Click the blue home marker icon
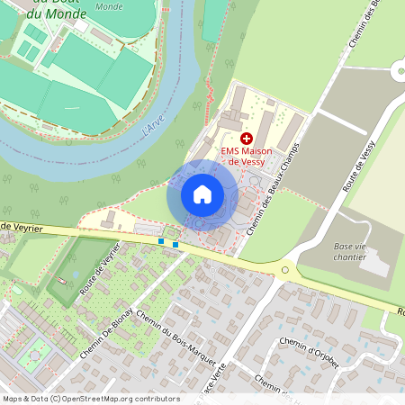click(x=202, y=194)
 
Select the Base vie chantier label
click(x=350, y=251)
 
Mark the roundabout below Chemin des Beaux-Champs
click(x=286, y=269)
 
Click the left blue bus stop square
click(x=161, y=241)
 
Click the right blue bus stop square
click(x=175, y=244)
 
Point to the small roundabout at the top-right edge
click(x=399, y=71)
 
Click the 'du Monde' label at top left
click(x=56, y=14)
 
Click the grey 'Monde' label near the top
click(x=109, y=6)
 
